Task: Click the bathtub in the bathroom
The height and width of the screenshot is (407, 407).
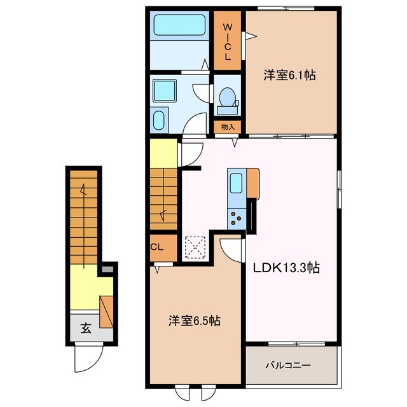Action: tap(179, 25)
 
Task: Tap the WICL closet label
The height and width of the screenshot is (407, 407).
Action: tap(228, 41)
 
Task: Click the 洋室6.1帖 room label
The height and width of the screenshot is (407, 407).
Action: tap(290, 75)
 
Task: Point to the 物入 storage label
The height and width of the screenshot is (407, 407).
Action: tap(228, 127)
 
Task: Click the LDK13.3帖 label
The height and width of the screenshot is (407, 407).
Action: tap(286, 268)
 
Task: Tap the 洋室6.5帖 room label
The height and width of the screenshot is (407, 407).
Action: tap(195, 321)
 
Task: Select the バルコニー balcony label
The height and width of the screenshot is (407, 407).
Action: tap(288, 366)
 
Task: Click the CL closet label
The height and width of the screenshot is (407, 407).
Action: tap(157, 247)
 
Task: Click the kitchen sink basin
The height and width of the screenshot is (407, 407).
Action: tap(236, 183)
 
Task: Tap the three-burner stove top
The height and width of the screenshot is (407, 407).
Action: tap(237, 219)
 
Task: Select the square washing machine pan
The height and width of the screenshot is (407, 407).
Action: tap(165, 90)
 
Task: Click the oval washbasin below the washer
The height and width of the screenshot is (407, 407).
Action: tap(158, 120)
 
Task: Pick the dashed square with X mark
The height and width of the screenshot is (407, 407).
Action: tap(195, 247)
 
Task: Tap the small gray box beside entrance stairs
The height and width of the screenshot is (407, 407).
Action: tap(107, 269)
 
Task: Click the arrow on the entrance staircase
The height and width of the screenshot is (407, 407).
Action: tap(83, 226)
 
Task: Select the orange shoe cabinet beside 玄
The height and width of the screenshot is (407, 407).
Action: tap(106, 312)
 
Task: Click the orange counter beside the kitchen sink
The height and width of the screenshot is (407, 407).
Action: tap(253, 184)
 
